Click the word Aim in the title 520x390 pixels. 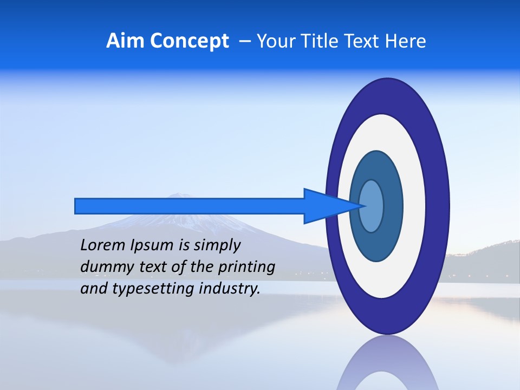pyautogui.click(x=125, y=41)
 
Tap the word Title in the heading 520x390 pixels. pyautogui.click(x=321, y=41)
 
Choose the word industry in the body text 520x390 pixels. pyautogui.click(x=230, y=288)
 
